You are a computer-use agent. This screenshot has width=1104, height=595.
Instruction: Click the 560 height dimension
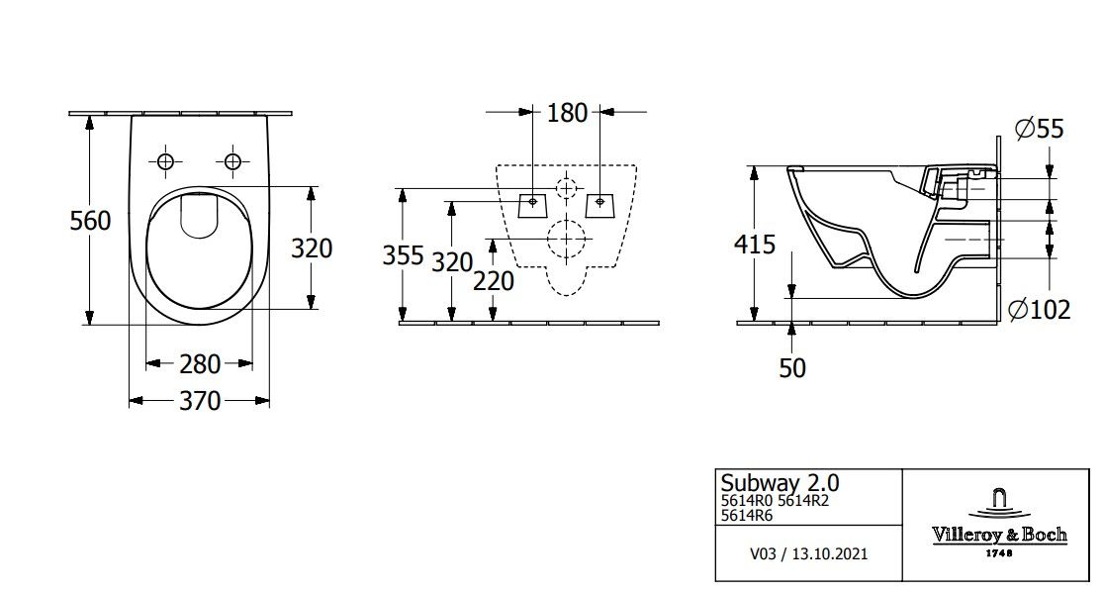tap(90, 221)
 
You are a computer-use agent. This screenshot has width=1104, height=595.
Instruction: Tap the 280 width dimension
tap(199, 364)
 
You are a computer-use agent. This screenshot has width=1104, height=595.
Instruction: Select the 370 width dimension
tap(199, 401)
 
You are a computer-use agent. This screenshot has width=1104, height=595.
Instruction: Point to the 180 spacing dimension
tap(567, 112)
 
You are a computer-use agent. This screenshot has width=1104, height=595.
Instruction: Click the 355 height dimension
tap(403, 256)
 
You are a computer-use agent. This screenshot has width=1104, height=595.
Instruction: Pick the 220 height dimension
tap(493, 281)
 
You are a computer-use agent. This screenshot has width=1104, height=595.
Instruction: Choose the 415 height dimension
tap(755, 244)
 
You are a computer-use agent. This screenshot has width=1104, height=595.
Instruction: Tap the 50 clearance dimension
tap(792, 368)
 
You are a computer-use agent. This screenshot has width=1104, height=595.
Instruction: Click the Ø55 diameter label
tap(1038, 128)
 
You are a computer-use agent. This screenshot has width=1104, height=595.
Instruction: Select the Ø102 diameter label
tap(1039, 310)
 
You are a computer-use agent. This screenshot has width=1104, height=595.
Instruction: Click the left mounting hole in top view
tap(165, 161)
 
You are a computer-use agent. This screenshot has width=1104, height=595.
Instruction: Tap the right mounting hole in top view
tap(232, 161)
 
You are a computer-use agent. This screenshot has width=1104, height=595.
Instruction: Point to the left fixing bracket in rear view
tap(532, 205)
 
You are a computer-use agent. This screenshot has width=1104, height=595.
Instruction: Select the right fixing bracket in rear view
tap(599, 205)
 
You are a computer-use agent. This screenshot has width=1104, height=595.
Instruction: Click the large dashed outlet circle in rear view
tap(566, 239)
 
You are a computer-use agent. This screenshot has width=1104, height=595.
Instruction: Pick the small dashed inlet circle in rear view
tap(566, 188)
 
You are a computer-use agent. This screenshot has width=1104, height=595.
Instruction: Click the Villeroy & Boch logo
tap(999, 522)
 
